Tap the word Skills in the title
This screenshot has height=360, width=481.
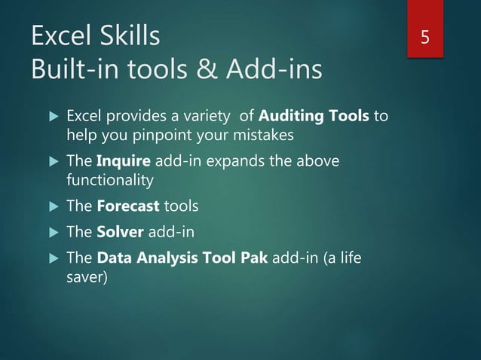[129, 36]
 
